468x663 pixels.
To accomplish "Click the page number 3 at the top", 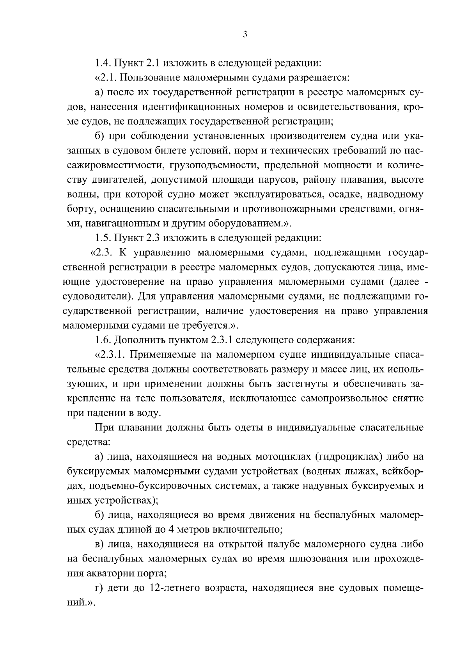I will [245, 35].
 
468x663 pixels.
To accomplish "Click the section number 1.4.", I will [103, 62].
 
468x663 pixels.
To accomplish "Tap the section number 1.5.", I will [103, 237].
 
